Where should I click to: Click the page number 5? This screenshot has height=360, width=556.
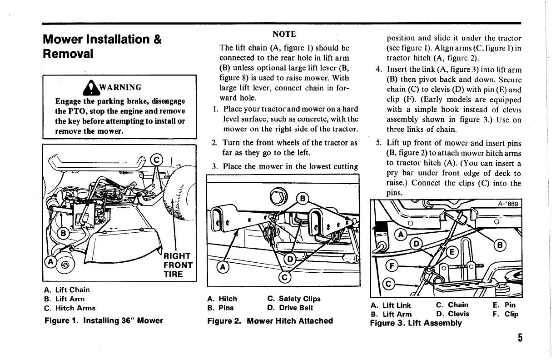(519, 338)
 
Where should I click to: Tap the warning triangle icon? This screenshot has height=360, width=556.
(92, 86)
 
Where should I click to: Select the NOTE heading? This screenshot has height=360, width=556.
(284, 34)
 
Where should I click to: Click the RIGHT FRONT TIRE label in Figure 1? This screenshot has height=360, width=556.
(177, 265)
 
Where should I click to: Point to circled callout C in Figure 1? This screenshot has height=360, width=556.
(157, 160)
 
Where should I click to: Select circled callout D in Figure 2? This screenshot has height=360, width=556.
(289, 260)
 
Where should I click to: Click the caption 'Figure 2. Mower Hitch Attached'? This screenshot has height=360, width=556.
(270, 321)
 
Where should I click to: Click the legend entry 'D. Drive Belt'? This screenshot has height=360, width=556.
(290, 308)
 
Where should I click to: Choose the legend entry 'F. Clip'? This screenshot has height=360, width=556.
(505, 314)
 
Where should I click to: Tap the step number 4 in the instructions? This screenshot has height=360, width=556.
(378, 70)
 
